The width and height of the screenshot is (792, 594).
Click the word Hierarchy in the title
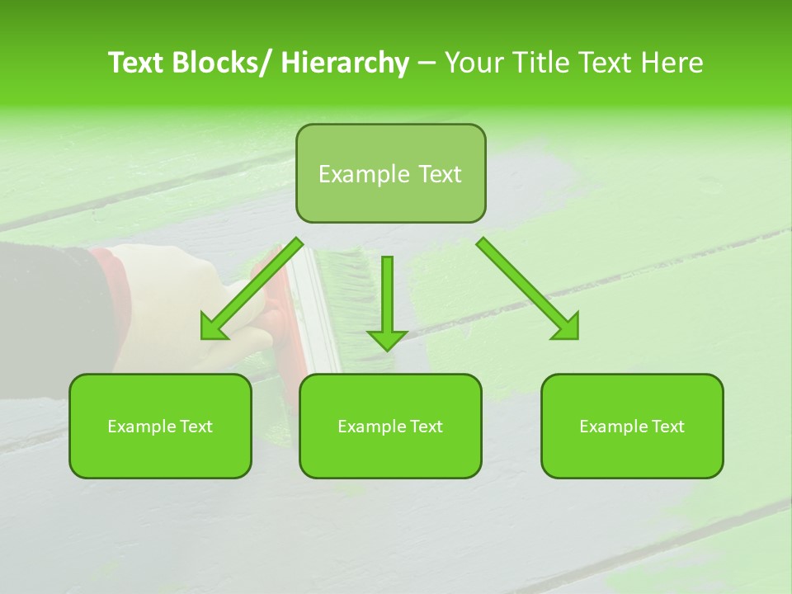(x=345, y=63)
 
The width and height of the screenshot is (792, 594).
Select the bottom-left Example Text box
(x=160, y=427)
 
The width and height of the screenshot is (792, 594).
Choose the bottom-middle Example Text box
(x=390, y=427)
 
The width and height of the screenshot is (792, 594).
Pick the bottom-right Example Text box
(x=632, y=427)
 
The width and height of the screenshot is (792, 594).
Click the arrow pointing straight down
(x=387, y=305)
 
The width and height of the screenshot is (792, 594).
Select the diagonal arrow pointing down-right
(x=528, y=289)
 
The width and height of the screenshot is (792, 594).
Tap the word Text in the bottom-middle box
(x=425, y=427)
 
